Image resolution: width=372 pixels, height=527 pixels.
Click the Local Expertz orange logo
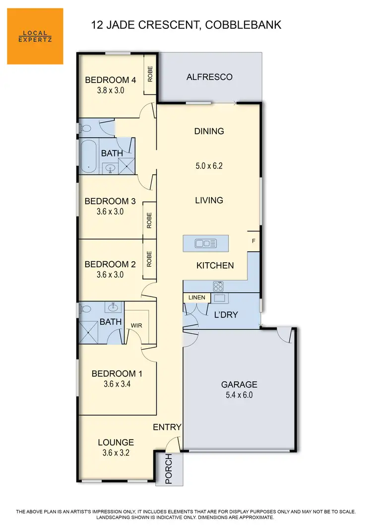tap(35, 36)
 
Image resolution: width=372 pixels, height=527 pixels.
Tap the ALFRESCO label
tap(209, 77)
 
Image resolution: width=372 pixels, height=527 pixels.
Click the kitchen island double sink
tap(205, 243)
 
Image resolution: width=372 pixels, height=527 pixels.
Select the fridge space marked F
tap(253, 241)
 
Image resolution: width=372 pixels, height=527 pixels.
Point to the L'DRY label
tap(226, 314)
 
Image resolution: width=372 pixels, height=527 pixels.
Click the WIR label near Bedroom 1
tap(136, 325)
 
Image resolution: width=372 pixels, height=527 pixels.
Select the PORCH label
tap(169, 468)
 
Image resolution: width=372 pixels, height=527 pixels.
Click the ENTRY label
tap(167, 427)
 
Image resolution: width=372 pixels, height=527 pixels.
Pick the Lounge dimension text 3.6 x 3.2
tap(116, 452)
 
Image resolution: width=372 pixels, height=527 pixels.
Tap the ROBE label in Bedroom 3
tap(149, 220)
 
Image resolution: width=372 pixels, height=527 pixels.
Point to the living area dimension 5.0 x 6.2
tap(208, 166)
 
